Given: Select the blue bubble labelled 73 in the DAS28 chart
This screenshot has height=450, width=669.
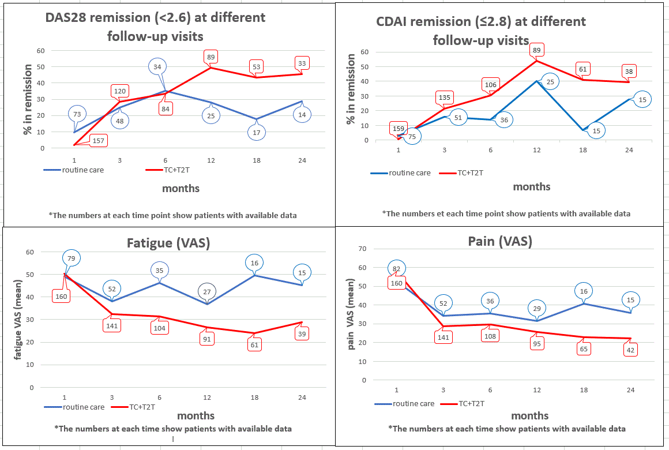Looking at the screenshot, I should coord(77,114).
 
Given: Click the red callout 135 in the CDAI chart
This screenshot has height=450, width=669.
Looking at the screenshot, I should coord(445,97).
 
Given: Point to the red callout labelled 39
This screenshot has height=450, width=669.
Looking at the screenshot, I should coord(301,333).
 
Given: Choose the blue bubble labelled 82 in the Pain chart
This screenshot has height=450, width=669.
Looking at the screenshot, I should coord(397,268).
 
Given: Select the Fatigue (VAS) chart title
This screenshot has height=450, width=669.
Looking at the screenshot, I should coord(168,243).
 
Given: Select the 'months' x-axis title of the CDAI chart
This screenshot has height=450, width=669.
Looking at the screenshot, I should coord(531,186).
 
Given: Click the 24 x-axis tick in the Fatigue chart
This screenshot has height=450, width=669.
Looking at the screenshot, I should coord(302,398).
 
